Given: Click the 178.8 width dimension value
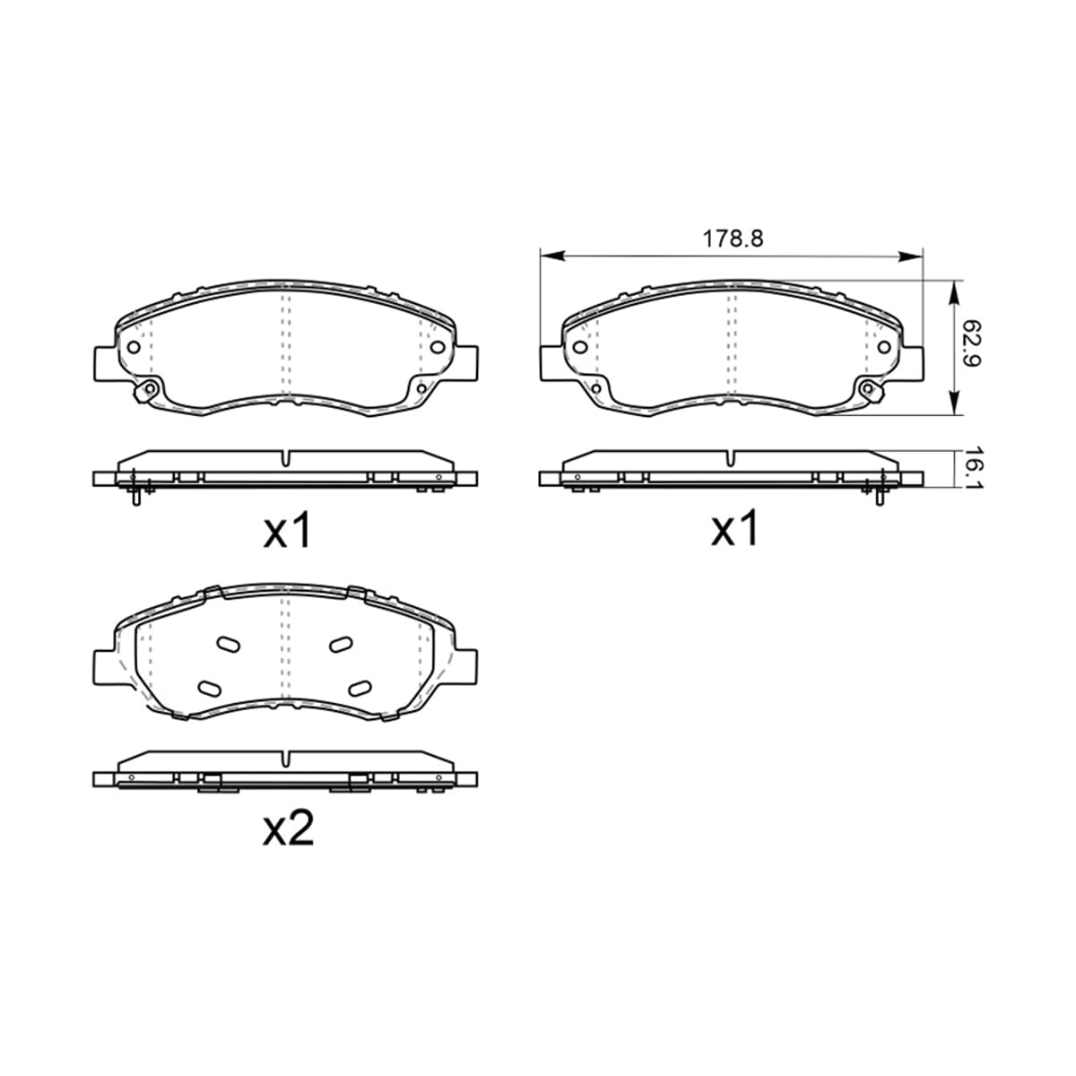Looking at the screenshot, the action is [732, 239].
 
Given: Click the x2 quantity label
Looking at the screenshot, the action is [288, 836].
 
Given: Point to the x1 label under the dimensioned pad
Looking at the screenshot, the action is [734, 529].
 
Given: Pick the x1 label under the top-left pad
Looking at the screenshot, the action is [287, 531].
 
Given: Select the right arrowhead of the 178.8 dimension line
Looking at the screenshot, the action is [909, 256].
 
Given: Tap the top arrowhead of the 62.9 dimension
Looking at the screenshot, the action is [954, 292].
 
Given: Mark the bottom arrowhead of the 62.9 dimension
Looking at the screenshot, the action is [954, 402].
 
